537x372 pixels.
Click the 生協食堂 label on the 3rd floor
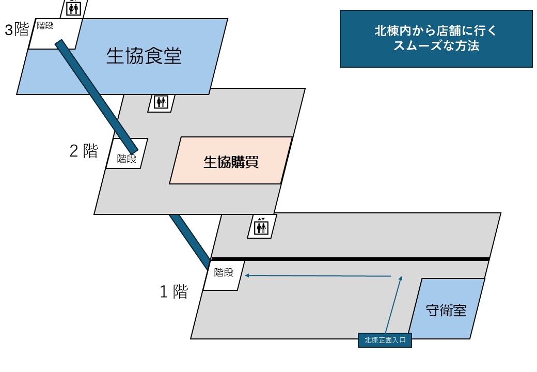(144, 56)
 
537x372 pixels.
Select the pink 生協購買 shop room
(231, 161)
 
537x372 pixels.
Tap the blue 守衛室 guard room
(446, 310)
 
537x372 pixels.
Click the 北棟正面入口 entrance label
(385, 340)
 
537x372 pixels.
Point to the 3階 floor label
(17, 30)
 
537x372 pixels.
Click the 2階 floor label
(84, 151)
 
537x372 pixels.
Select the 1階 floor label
(173, 292)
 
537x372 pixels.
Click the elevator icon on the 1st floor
(262, 226)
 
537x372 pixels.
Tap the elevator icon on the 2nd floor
(161, 102)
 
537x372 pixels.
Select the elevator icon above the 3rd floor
(74, 8)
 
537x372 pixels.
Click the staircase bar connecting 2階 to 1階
(189, 238)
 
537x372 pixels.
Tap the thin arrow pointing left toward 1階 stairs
(318, 276)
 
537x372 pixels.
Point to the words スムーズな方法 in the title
(436, 46)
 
